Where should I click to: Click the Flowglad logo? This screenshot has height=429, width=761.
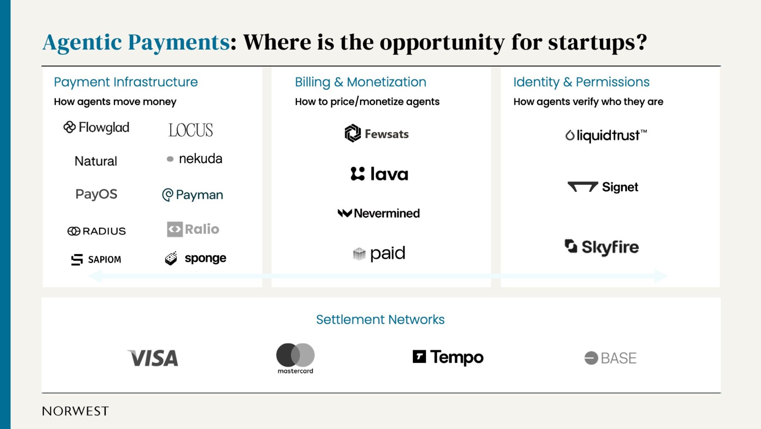tap(96, 128)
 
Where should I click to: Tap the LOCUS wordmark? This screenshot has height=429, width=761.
tap(191, 130)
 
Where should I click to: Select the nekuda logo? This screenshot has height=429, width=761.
tap(194, 159)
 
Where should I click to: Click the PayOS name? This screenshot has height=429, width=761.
tap(96, 194)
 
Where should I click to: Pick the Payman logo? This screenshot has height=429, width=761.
tap(193, 195)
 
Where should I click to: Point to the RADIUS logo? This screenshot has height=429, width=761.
tap(97, 231)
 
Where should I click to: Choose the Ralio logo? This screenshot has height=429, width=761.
tap(193, 229)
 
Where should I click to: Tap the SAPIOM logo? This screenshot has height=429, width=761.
tap(96, 259)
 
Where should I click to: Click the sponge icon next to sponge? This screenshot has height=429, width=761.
tap(171, 258)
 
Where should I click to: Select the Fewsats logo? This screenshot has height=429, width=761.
tap(377, 133)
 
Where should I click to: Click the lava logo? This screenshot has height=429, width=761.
tap(379, 174)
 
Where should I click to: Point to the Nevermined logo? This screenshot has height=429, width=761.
tap(379, 213)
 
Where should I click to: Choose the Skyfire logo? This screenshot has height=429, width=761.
tap(601, 247)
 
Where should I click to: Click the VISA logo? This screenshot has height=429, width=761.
tap(153, 358)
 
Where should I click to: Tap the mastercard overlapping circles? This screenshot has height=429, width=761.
tap(295, 355)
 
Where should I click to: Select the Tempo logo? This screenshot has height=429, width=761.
tap(448, 357)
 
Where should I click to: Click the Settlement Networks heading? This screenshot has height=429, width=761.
tap(380, 319)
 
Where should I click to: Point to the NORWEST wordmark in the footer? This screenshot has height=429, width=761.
tap(75, 411)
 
